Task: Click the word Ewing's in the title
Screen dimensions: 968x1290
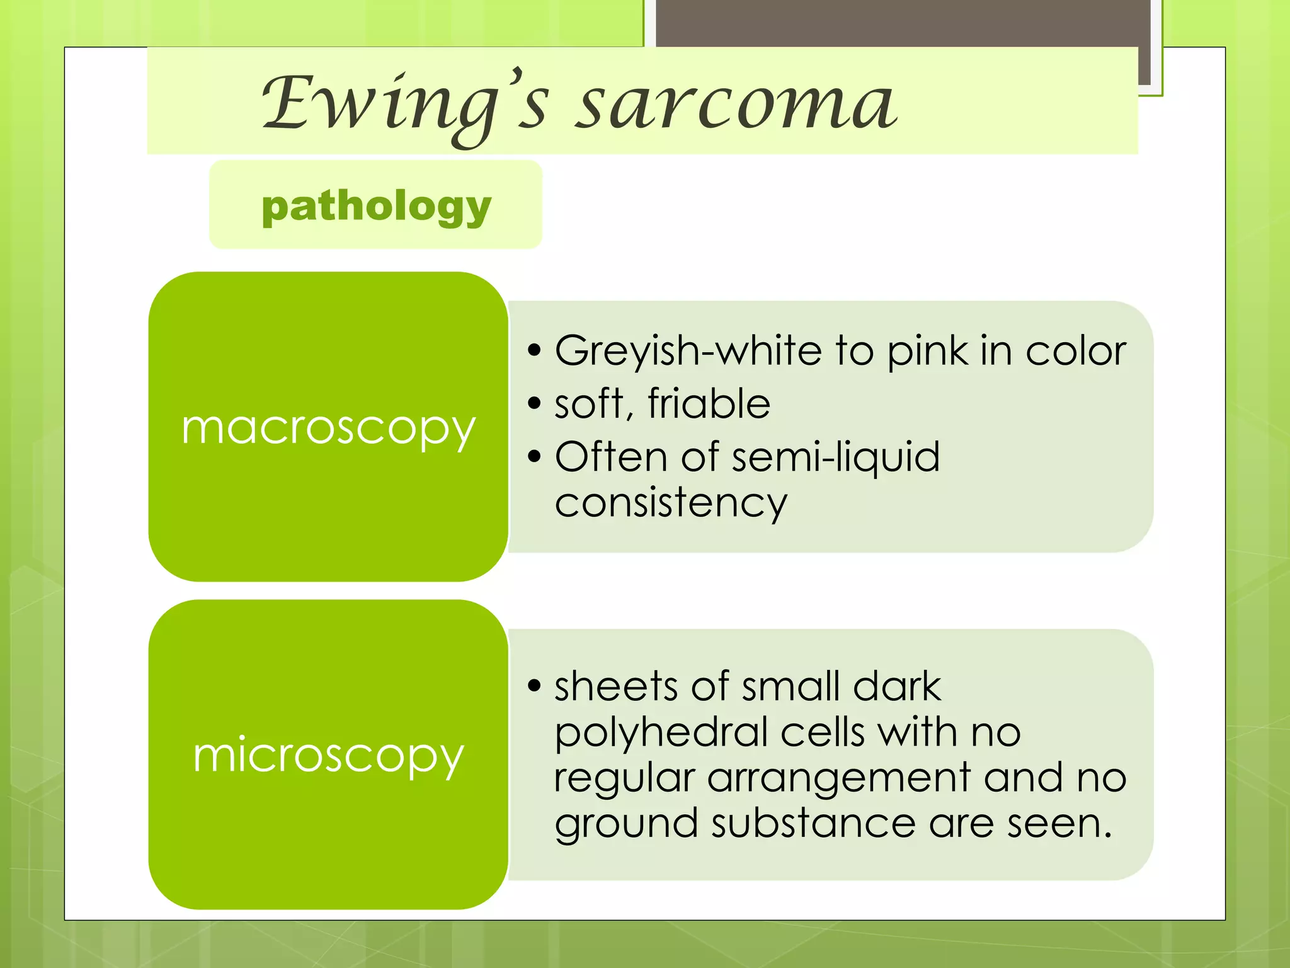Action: tap(403, 104)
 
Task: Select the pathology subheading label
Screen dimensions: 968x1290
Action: tap(376, 206)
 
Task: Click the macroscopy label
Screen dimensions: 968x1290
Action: tap(328, 429)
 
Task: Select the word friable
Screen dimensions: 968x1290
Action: tap(709, 403)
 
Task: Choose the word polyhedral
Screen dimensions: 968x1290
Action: tap(661, 732)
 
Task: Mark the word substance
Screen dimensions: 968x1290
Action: tap(813, 823)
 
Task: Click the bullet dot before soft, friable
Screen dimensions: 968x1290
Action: tap(535, 403)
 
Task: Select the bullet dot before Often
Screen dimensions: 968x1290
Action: tap(535, 456)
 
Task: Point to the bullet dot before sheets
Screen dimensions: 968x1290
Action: tap(535, 686)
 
